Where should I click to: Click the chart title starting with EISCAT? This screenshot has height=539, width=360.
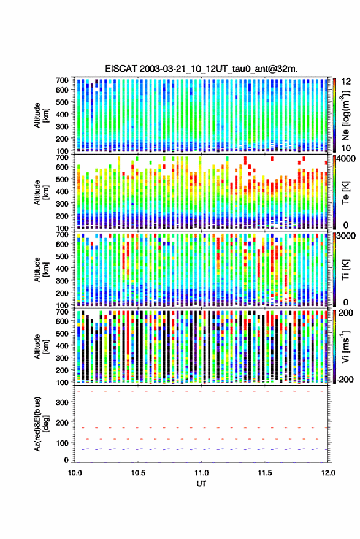202,69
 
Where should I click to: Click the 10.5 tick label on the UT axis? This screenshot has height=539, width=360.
138,473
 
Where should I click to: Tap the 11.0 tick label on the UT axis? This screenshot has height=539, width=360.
201,473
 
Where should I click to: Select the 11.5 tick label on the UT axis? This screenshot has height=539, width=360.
265,473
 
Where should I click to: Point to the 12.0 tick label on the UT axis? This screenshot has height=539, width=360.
327,473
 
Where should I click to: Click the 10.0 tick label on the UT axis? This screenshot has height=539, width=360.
75,473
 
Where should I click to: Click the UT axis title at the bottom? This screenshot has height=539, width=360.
201,484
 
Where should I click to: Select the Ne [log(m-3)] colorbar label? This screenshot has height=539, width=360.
346,115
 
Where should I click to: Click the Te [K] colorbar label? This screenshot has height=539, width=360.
345,192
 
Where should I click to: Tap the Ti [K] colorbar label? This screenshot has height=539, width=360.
345,270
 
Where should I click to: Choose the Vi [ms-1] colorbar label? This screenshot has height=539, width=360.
345,346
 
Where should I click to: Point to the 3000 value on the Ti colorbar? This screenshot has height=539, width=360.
347,235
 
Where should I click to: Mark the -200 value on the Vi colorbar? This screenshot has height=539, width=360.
345,379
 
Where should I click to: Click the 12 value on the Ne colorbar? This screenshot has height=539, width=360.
346,82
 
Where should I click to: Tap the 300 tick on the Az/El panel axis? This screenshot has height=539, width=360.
63,402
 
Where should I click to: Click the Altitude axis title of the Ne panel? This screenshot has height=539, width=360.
40,115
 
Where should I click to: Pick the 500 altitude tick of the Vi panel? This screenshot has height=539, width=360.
62,333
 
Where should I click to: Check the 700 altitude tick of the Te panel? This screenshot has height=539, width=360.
62,158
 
